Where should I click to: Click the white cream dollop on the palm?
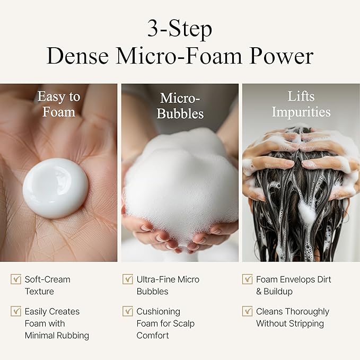coord(55,188)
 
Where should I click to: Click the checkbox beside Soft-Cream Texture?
coord(16,279)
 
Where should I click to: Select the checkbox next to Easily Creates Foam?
coord(16,311)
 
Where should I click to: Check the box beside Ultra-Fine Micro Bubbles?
coord(128,279)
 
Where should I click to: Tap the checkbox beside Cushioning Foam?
coord(128,311)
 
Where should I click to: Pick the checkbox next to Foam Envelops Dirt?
coord(247,279)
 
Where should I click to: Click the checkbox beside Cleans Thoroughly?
coord(247,311)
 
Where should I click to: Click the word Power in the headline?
coord(282,56)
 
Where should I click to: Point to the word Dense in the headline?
coord(77,56)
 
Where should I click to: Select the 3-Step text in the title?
coord(180,29)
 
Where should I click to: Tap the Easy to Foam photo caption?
coord(59,104)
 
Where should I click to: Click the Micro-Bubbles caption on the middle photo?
coord(180,106)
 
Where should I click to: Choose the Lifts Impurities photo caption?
coord(301,104)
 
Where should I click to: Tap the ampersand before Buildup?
coord(259,292)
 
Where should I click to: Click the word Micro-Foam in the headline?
coord(179,56)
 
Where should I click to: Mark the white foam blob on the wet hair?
coord(306,213)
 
